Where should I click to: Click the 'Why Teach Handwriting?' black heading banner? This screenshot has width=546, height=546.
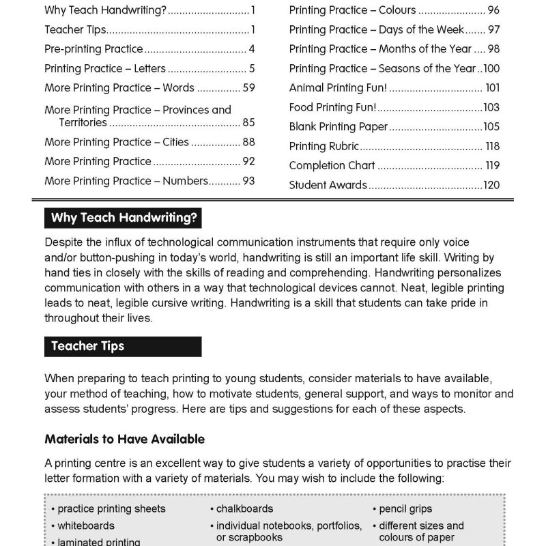click(123, 218)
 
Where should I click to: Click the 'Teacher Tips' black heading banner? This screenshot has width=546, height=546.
click(123, 346)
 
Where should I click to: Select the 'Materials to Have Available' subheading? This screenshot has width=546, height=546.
click(124, 439)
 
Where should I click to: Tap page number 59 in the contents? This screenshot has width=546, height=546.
click(248, 88)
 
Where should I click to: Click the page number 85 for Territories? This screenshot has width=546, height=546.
click(248, 123)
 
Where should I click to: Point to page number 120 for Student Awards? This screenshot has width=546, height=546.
click(491, 185)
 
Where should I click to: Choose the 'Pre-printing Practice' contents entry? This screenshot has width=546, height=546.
click(94, 49)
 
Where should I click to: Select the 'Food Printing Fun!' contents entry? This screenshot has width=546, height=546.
click(332, 107)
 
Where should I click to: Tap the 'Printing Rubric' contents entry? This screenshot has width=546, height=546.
click(324, 146)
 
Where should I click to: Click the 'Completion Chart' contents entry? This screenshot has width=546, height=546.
click(332, 165)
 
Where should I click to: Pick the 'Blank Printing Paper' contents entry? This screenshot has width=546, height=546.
click(338, 127)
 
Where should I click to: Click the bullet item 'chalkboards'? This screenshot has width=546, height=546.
click(244, 508)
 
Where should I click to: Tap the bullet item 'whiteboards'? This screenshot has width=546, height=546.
click(85, 526)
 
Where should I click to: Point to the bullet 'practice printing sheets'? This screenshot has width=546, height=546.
click(111, 508)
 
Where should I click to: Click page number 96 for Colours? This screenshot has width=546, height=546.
click(493, 10)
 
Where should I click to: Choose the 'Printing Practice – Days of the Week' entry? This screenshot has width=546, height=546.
click(376, 29)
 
